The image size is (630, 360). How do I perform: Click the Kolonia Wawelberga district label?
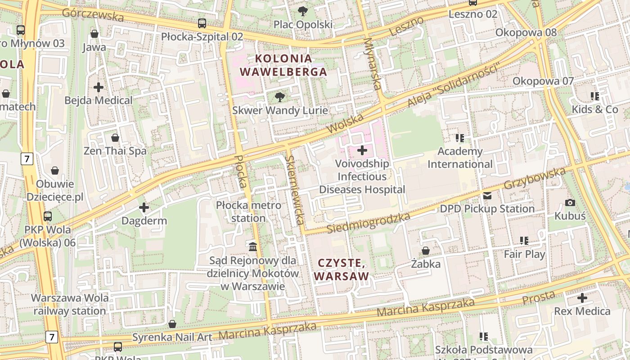[283, 65]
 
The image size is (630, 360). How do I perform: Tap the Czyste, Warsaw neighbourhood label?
[341, 269]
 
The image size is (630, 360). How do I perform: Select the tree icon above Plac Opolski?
[303, 11]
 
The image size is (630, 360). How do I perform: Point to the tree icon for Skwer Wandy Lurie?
[280, 96]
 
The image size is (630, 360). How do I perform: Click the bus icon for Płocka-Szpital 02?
[202, 23]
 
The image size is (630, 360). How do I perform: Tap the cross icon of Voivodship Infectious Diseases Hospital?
[362, 150]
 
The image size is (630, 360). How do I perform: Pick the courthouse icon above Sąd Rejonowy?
[253, 247]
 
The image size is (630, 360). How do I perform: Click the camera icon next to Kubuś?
[570, 202]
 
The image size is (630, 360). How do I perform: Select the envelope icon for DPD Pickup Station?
[487, 195]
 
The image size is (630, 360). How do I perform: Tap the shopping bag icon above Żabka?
[426, 250]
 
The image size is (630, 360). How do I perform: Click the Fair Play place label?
[524, 254]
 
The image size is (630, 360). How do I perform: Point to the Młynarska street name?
[372, 63]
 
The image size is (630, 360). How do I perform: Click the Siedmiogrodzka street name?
[369, 223]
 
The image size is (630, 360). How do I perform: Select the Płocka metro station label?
[248, 211]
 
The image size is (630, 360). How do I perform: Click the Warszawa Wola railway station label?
[69, 304]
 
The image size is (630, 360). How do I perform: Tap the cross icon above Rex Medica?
[582, 297]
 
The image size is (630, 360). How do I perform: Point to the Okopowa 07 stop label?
[543, 81]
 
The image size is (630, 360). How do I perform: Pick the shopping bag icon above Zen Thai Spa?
[115, 137]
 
